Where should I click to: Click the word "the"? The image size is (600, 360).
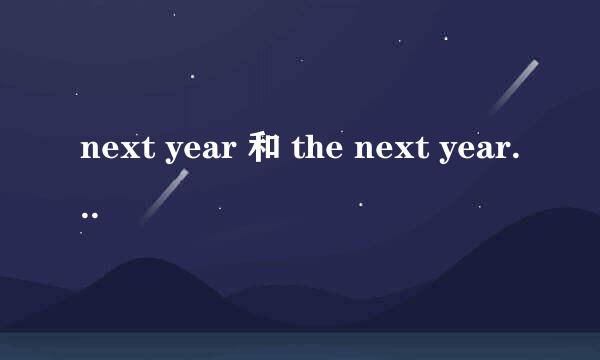318,152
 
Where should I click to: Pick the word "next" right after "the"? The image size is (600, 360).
389,153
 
